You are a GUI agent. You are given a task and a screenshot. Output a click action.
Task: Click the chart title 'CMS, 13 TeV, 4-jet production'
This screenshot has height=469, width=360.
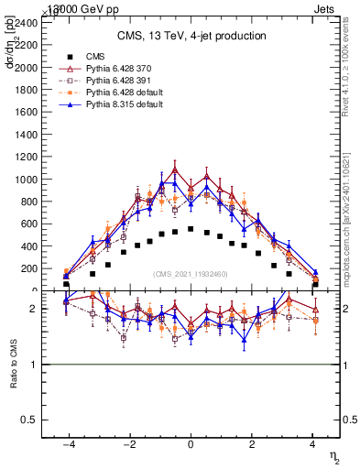click(x=191, y=36)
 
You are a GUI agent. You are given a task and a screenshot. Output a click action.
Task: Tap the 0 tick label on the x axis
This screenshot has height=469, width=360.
click(x=191, y=444)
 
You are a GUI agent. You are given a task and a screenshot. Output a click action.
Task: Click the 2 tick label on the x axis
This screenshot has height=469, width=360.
click(x=252, y=444)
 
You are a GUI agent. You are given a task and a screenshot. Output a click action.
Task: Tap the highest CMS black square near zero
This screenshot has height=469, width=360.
click(x=191, y=229)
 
